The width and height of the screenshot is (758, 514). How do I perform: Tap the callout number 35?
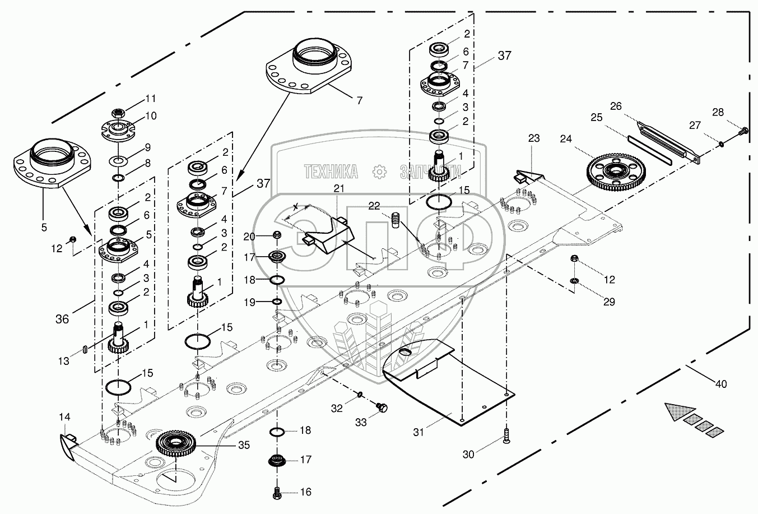(243, 446)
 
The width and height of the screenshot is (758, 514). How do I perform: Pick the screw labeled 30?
(506, 436)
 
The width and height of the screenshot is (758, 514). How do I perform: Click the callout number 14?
(64, 417)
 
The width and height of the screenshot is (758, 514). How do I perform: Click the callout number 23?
(533, 138)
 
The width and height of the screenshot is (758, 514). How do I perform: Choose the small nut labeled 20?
(277, 234)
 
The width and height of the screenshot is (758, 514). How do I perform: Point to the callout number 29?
(609, 302)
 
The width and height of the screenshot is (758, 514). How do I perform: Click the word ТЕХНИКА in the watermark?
(331, 170)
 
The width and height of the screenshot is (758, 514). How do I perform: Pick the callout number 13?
(64, 362)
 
